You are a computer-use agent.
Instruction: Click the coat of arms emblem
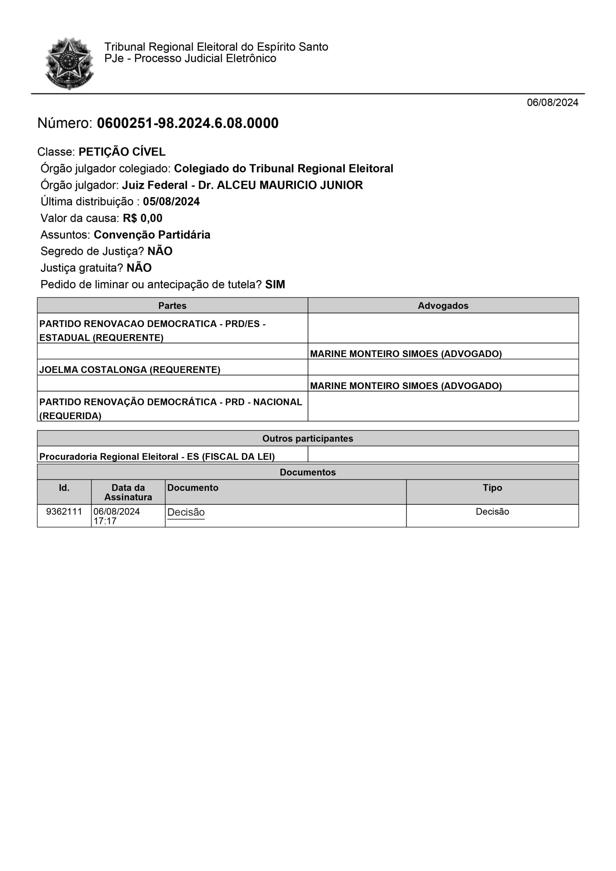tap(69, 63)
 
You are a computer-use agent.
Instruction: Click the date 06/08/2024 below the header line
tap(552, 102)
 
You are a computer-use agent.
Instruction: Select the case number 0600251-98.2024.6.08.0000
tap(188, 123)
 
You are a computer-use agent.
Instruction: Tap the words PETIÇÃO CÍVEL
tap(122, 152)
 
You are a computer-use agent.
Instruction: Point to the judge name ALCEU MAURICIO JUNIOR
tap(290, 185)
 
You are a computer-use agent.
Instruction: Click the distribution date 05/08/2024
tap(171, 201)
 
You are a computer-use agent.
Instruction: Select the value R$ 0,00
tap(142, 218)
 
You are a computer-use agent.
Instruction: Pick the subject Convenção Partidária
tap(152, 235)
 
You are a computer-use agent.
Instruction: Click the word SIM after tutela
tap(275, 284)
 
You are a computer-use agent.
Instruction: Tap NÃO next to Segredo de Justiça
tap(160, 251)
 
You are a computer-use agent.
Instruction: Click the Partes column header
tap(172, 306)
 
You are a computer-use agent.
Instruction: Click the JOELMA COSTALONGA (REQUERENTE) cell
tap(130, 369)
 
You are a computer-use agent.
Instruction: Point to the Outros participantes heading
tap(307, 439)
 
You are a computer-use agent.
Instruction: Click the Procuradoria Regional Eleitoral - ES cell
tap(157, 456)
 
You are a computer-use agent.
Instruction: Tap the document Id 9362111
tap(64, 511)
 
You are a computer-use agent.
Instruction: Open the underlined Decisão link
tap(186, 512)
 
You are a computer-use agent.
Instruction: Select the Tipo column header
tap(492, 488)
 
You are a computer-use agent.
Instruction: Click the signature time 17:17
tap(105, 521)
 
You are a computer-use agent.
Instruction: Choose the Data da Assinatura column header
tap(128, 492)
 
